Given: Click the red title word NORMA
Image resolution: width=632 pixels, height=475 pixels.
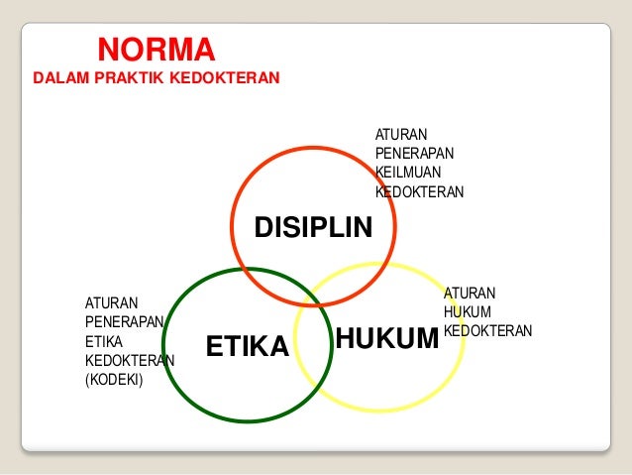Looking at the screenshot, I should (x=155, y=49).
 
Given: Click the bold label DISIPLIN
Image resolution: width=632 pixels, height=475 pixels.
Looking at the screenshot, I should (x=313, y=229).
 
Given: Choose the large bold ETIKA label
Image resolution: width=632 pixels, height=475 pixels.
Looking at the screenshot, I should (x=247, y=346).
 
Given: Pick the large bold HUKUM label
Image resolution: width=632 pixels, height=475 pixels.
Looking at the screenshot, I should (x=386, y=339).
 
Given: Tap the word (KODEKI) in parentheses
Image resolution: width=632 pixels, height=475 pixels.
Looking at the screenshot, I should (x=115, y=378).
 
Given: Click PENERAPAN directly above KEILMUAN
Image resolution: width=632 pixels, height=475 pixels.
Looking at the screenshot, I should (x=414, y=154).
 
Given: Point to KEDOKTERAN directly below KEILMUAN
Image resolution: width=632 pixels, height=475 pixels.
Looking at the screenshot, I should (x=419, y=191).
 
